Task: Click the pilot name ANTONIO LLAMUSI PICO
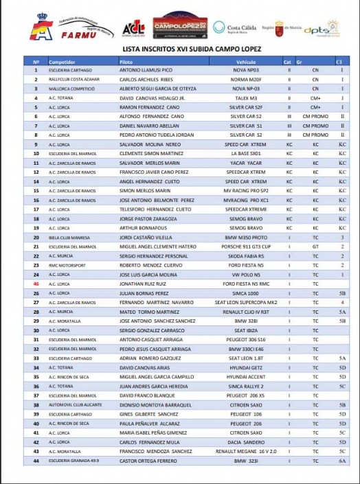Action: tap(146, 70)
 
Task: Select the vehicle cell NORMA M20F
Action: tap(246, 80)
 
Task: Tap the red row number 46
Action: tap(36, 284)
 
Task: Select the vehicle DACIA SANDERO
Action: tap(246, 441)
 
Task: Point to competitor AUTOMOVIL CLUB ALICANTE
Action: tap(73, 404)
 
